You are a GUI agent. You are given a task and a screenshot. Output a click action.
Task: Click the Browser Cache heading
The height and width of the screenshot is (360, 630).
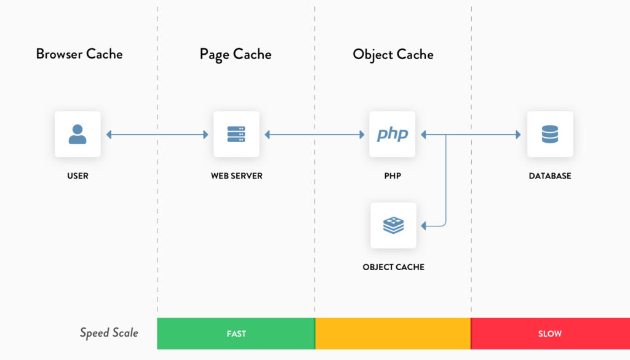coord(79,54)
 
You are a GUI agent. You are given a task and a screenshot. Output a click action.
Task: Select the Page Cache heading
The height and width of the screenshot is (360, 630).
coord(235,54)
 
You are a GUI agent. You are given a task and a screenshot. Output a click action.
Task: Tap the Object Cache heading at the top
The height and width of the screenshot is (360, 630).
coord(393,54)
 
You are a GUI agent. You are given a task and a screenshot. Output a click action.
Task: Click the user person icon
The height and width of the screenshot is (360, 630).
coord(78,134)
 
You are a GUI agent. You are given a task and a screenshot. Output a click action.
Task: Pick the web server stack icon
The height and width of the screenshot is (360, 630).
coord(236,134)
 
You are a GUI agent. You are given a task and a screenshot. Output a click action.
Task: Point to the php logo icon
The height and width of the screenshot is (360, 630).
coord(393,134)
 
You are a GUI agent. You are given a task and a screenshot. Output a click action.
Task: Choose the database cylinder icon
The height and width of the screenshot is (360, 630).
coord(550,134)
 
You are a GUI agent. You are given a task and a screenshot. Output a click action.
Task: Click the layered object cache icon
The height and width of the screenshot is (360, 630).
coord(394,226)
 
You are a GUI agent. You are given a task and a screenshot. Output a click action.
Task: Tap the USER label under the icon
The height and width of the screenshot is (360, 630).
coord(78,176)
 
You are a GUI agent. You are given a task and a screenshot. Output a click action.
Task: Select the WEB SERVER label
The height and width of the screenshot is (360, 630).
coord(236,176)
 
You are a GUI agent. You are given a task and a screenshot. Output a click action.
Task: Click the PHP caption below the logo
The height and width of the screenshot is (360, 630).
coord(393,176)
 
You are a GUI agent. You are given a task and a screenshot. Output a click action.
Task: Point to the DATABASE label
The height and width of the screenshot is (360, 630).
coord(550,176)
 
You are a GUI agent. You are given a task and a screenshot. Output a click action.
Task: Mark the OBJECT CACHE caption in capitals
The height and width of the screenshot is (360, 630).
coord(394,267)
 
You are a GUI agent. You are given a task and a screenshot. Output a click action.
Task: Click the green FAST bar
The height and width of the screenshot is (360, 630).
coord(236,334)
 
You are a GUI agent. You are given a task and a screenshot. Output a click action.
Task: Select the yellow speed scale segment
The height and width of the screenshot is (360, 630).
coord(393,334)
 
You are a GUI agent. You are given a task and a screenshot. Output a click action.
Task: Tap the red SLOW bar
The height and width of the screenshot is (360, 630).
coord(550,334)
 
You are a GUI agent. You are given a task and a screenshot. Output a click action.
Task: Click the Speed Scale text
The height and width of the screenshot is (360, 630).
coord(109,333)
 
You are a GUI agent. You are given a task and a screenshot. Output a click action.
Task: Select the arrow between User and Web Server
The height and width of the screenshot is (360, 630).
coord(157,134)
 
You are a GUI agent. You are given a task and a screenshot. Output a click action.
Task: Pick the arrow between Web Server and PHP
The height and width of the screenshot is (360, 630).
coord(314,134)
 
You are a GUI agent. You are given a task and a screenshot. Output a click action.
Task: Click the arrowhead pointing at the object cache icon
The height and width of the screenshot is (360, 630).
coord(425,226)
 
